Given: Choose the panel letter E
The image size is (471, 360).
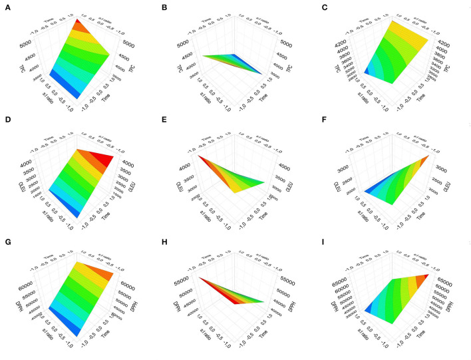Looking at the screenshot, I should [x=166, y=124].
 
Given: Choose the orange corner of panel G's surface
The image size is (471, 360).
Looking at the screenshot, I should [x=113, y=273].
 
